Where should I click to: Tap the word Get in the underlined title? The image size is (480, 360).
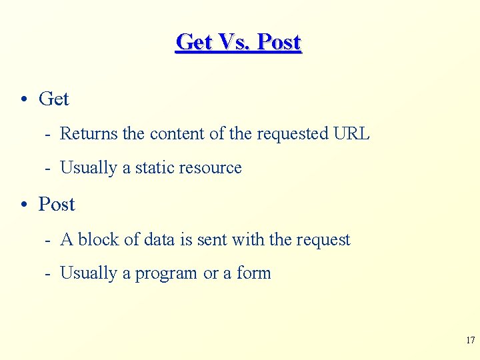(x=193, y=42)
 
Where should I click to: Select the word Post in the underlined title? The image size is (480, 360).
(x=279, y=42)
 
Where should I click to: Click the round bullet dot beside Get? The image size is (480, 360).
(x=23, y=99)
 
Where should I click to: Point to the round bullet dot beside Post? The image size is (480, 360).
(x=23, y=205)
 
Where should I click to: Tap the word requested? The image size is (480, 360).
(x=293, y=134)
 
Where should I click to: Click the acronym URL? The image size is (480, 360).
(x=351, y=133)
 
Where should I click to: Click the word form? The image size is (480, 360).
(x=254, y=273)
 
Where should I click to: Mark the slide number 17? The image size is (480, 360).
(x=470, y=341)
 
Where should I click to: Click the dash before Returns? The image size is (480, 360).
(x=48, y=134)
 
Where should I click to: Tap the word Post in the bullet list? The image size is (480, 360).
(x=57, y=204)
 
